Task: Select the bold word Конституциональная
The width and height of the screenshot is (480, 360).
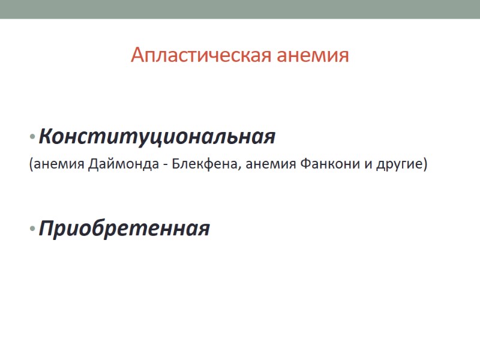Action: tap(157, 137)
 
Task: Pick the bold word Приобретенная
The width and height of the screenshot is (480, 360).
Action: tap(124, 229)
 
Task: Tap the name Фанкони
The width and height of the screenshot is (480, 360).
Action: tap(328, 165)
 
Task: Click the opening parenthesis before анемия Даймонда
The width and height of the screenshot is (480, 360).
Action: tap(31, 165)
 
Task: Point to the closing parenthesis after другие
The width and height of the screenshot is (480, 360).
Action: tap(425, 165)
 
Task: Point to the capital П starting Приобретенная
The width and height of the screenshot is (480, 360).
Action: tap(46, 229)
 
